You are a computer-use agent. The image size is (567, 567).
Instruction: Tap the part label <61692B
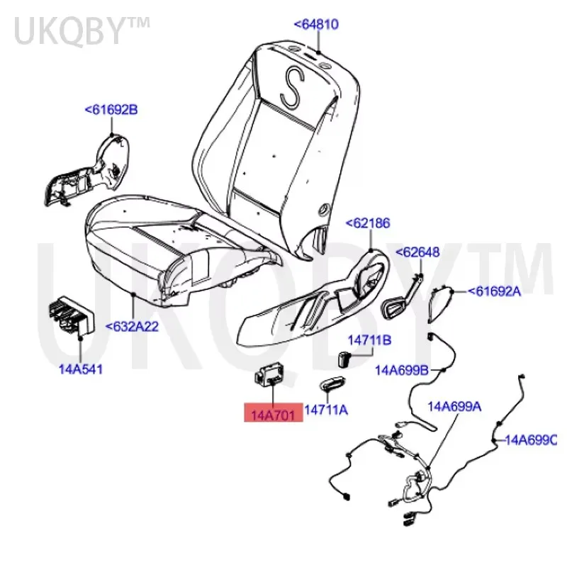(x=111, y=110)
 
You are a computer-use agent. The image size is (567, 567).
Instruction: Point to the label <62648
(x=417, y=252)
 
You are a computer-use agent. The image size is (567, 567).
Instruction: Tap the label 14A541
(x=79, y=369)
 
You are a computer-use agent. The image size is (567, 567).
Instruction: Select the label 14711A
(x=327, y=410)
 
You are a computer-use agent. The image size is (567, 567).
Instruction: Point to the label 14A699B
(x=402, y=369)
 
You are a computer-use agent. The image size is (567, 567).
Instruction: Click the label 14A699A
(x=454, y=406)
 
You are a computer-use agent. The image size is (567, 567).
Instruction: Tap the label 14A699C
(x=531, y=440)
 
